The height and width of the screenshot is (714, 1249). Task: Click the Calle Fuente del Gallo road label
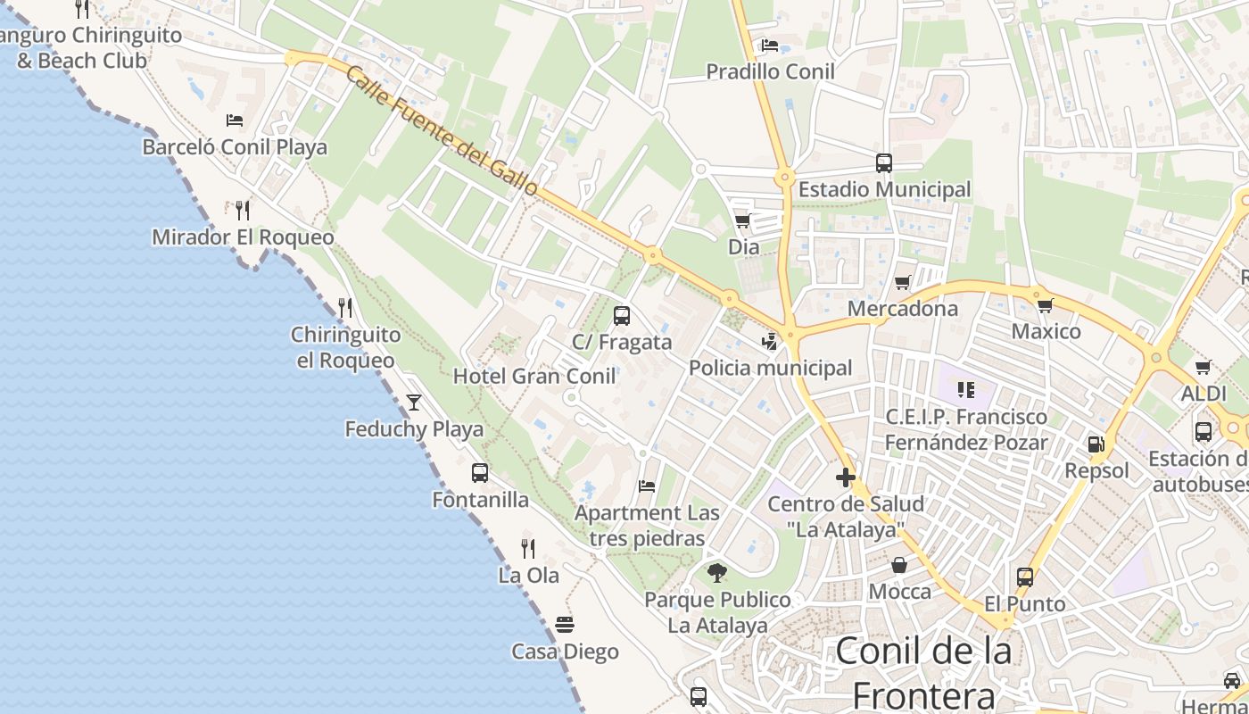[442, 131]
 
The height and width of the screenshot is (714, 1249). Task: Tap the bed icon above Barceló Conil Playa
[235, 120]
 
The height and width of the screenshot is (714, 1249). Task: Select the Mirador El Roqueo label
[243, 237]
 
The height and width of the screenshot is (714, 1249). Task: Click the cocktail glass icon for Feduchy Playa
[414, 402]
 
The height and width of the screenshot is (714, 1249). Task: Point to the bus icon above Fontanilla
[480, 473]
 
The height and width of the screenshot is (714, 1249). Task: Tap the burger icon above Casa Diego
[564, 624]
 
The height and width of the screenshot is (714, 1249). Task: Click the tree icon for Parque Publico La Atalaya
[716, 572]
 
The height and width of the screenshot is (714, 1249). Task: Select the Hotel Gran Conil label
[534, 376]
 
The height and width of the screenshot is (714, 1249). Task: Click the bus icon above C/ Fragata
[622, 315]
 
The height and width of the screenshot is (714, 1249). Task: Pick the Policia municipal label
[770, 368]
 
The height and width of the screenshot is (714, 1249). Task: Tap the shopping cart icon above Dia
[742, 220]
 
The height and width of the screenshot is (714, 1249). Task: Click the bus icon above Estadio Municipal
[884, 163]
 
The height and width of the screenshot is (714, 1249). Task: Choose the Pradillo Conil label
[770, 71]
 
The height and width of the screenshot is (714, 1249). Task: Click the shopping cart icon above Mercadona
[903, 283]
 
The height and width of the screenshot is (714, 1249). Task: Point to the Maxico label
[1046, 332]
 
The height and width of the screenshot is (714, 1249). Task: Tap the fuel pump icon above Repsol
[1096, 444]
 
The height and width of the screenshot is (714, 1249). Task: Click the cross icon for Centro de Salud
[846, 477]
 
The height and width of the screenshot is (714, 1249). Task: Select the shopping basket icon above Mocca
[899, 565]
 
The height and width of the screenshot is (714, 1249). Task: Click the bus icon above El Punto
[1025, 577]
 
